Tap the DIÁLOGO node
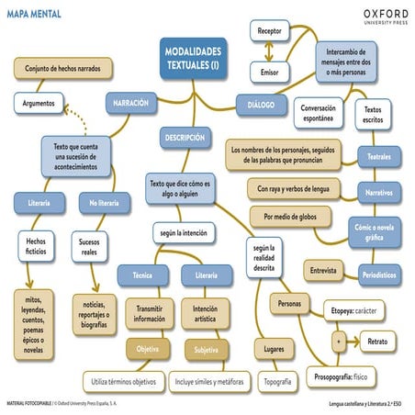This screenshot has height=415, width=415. coord(261,106)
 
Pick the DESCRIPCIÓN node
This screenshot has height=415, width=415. coord(185,137)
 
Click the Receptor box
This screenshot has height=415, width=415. coord(270,31)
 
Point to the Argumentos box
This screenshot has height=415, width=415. coord(39,104)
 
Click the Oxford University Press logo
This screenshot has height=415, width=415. coord(373,17)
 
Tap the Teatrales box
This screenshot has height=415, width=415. coord(379,157)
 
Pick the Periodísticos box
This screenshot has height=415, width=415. coord(379,274)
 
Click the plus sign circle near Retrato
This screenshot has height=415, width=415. coord(339,341)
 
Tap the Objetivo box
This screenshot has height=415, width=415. coord(147,350)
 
